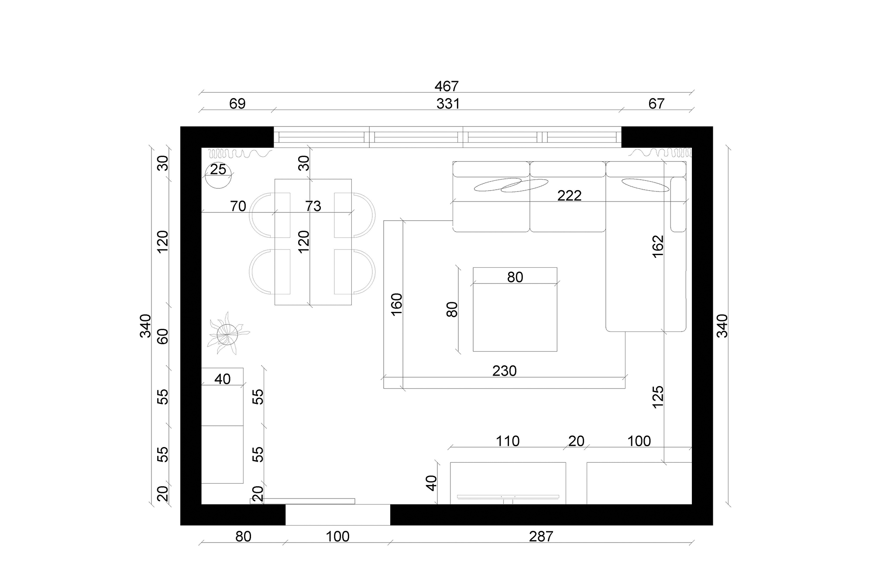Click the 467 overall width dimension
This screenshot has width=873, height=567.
(x=446, y=86)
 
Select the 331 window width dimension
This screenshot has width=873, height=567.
(x=448, y=104)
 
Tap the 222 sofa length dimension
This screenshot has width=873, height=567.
(x=569, y=195)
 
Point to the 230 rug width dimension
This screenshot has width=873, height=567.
(x=504, y=371)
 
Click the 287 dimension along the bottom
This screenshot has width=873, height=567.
(x=541, y=536)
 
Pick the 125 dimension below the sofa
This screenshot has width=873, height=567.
(x=657, y=396)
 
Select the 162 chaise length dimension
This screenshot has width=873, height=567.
(x=657, y=246)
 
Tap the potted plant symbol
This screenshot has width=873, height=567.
(x=227, y=334)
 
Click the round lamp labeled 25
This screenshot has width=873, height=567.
(x=218, y=176)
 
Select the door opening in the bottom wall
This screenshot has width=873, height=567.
(x=337, y=515)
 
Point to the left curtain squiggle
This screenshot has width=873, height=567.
(x=238, y=154)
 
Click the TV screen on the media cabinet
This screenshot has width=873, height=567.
(x=508, y=497)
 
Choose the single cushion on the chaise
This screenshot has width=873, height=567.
(x=645, y=185)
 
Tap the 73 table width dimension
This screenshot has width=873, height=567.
(x=313, y=206)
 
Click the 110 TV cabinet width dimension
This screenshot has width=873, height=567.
(x=507, y=441)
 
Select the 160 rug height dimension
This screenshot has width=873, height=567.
(x=396, y=304)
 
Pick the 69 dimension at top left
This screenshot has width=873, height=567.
(x=237, y=104)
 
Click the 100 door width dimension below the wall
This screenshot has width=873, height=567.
(x=337, y=536)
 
